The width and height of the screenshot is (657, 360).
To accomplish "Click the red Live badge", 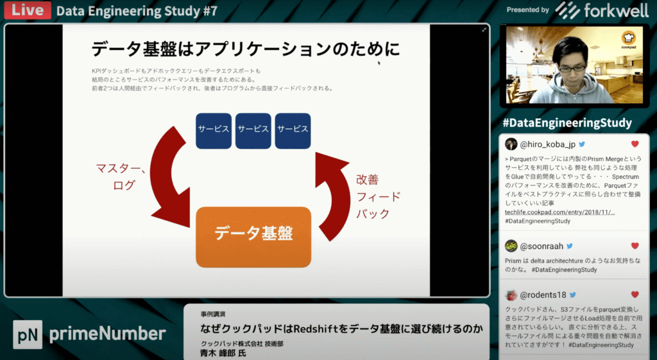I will point(27,10).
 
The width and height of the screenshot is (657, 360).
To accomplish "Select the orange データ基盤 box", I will point(253,236).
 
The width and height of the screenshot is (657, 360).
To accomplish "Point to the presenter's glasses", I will point(571,67).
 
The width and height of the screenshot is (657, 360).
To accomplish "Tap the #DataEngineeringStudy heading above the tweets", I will point(567,123).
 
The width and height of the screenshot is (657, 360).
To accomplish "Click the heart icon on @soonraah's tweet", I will point(635,246).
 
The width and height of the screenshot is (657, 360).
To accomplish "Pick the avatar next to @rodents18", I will point(511,295).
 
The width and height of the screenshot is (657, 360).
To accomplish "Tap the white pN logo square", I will point(28,334).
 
